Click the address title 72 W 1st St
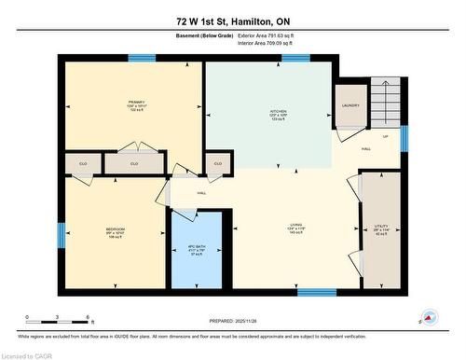232,21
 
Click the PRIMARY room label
137,104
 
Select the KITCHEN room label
266,112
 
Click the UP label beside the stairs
385,136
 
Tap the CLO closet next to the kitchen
217,163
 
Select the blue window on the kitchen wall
295,58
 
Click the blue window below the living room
316,293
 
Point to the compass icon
428,319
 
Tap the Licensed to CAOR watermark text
28,354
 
